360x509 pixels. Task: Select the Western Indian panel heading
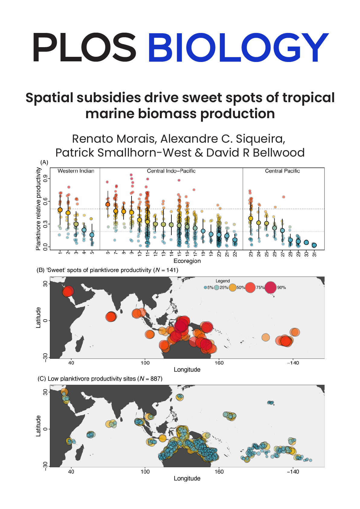(76, 171)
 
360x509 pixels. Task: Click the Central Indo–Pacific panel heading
(171, 171)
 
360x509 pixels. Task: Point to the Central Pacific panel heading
(282, 171)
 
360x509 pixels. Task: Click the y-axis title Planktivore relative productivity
(38, 209)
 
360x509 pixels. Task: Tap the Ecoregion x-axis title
(187, 261)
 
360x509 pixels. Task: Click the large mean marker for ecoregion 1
(60, 210)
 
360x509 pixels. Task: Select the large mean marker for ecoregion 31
(314, 245)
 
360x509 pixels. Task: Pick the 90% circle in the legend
(271, 287)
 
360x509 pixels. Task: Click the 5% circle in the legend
(206, 287)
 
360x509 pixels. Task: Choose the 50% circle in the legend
(232, 287)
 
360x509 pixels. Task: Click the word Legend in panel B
(222, 281)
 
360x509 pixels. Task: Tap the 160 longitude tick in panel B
(219, 363)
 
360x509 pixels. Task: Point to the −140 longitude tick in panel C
(292, 472)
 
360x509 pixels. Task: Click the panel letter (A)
(44, 162)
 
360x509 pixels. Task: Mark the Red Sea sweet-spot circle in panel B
(68, 292)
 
